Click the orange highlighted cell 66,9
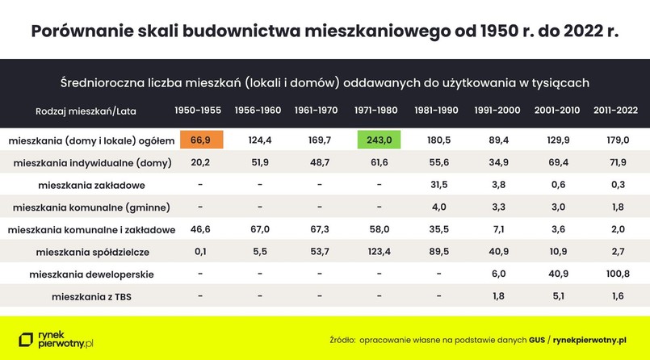200,140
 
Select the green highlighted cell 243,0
379,140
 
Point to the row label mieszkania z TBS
90,296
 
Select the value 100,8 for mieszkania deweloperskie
617,274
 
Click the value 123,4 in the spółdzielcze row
379,252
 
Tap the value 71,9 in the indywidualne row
617,162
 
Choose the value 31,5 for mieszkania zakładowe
438,185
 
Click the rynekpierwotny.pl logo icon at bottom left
27,340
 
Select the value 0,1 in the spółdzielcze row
200,252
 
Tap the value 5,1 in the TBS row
557,296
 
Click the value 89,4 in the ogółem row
497,140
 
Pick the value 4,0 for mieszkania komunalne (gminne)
438,207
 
